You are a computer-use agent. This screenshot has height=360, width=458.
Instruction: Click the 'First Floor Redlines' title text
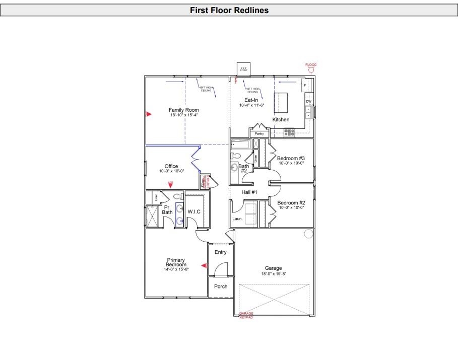tap(229, 10)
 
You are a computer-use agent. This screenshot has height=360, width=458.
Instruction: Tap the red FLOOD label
tap(311, 64)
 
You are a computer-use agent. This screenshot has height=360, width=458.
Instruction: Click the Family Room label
tap(183, 110)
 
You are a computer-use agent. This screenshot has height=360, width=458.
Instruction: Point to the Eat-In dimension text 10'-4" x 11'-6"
tap(252, 105)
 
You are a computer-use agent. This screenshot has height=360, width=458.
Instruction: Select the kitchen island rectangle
tap(280, 102)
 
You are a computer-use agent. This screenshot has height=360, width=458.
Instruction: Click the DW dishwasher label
tap(309, 102)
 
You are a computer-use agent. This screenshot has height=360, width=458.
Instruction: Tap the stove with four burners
tap(289, 132)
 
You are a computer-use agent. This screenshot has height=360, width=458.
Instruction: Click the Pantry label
tap(259, 133)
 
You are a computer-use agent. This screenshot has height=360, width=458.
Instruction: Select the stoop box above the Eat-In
tap(243, 69)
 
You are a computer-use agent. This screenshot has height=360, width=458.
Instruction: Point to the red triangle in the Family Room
tap(148, 114)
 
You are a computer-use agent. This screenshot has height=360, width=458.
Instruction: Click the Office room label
tap(171, 166)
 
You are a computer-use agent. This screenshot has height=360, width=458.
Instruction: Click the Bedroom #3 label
tap(291, 158)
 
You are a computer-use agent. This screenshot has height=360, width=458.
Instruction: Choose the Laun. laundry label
tap(237, 219)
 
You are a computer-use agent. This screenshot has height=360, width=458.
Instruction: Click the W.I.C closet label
tap(194, 211)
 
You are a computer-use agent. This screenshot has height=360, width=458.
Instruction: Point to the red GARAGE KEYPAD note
tap(246, 315)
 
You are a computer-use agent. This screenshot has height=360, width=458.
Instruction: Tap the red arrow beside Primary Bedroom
tap(204, 265)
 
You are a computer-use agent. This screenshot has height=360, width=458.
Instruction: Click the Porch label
tap(221, 286)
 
